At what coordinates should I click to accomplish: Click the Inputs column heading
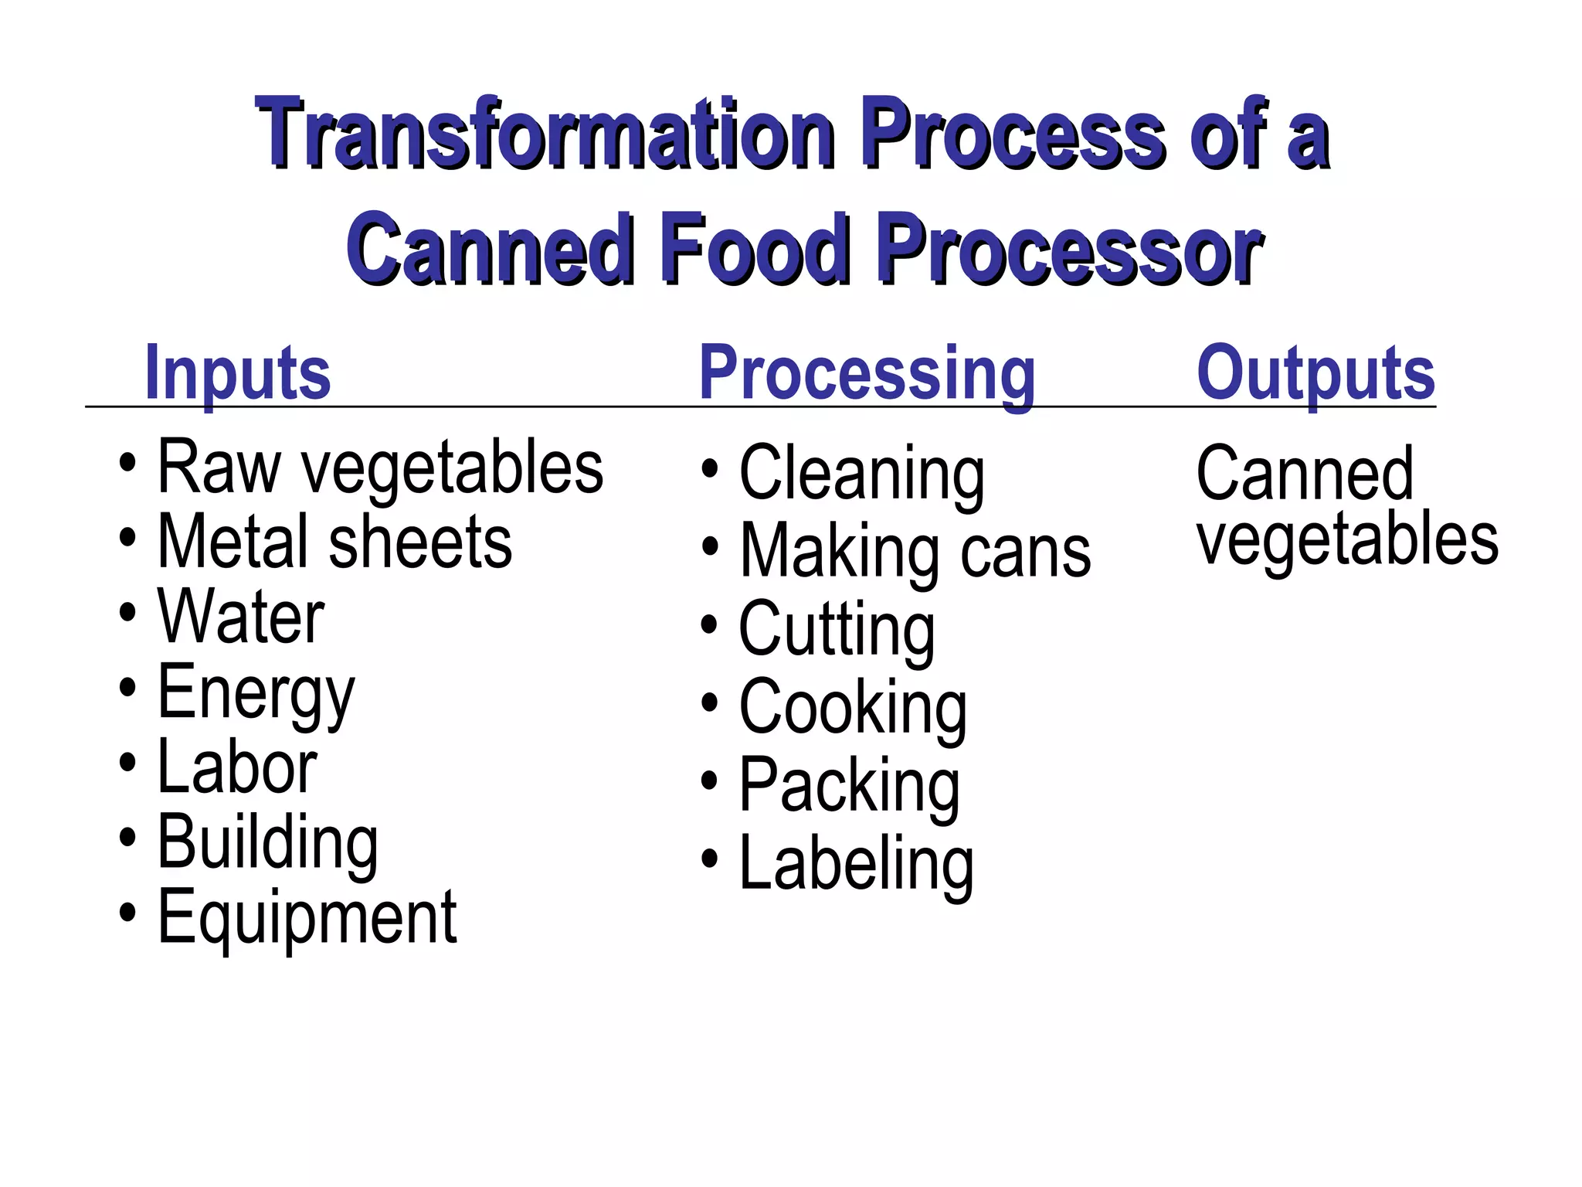coord(238,373)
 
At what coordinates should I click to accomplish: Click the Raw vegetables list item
coord(380,468)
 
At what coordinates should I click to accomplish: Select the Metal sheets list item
coord(334,542)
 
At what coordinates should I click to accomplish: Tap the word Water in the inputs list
coord(241,616)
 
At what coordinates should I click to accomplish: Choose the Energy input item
coord(256,692)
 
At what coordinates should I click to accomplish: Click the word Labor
coord(237,767)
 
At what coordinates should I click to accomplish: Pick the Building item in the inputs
coord(267,842)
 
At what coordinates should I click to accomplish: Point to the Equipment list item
coord(307,917)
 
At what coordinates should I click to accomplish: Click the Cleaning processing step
coord(862,473)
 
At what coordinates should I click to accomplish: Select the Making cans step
coord(915,551)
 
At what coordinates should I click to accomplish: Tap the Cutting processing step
coord(837,629)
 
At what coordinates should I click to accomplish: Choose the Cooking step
coord(853,707)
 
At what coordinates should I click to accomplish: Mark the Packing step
coord(850,785)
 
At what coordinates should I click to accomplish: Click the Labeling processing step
coord(857,863)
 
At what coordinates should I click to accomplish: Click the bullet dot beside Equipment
coord(127,913)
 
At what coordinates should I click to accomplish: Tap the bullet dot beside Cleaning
coord(709,469)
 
